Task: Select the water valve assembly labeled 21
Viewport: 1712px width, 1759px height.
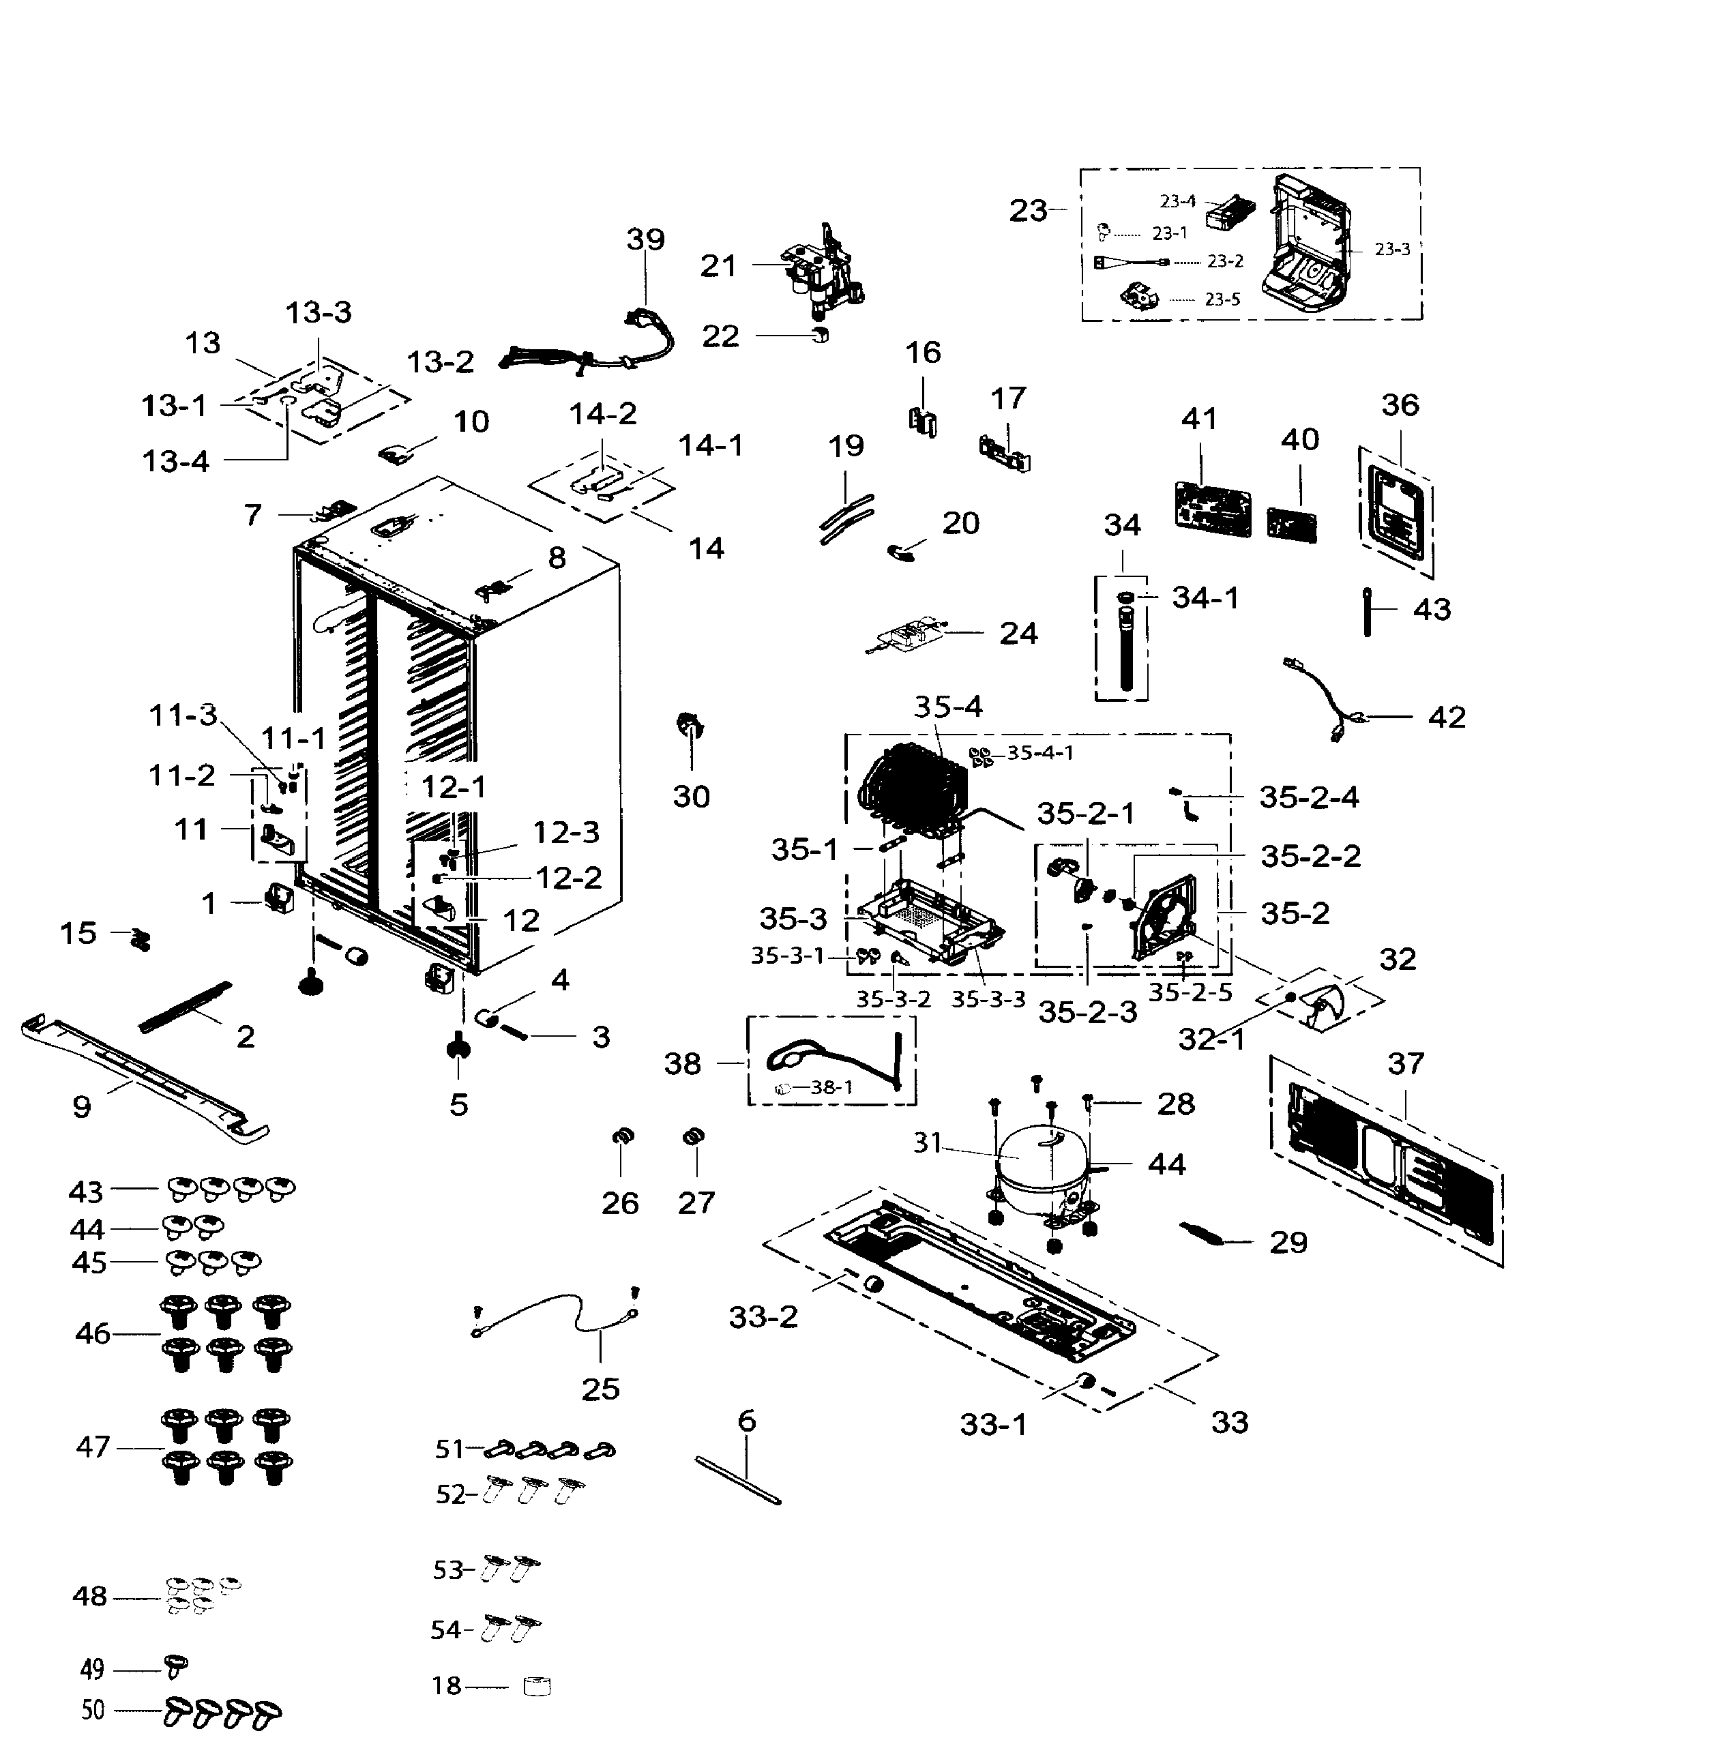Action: [x=823, y=270]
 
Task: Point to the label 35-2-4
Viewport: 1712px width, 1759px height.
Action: [x=1308, y=797]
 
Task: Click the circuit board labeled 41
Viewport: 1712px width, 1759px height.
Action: [x=1212, y=509]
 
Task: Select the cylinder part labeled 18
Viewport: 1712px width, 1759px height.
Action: [x=537, y=1686]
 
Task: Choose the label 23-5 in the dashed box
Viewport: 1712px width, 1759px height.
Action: [x=1222, y=299]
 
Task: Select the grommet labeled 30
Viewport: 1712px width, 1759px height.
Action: [x=690, y=724]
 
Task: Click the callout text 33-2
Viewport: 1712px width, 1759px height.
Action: [x=763, y=1318]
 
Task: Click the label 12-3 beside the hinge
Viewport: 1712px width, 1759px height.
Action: [x=565, y=832]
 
